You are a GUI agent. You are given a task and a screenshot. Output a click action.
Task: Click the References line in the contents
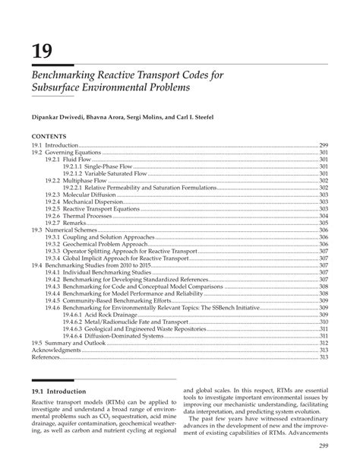tap(46, 356)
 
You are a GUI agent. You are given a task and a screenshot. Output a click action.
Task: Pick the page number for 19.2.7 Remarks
tap(323, 222)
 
